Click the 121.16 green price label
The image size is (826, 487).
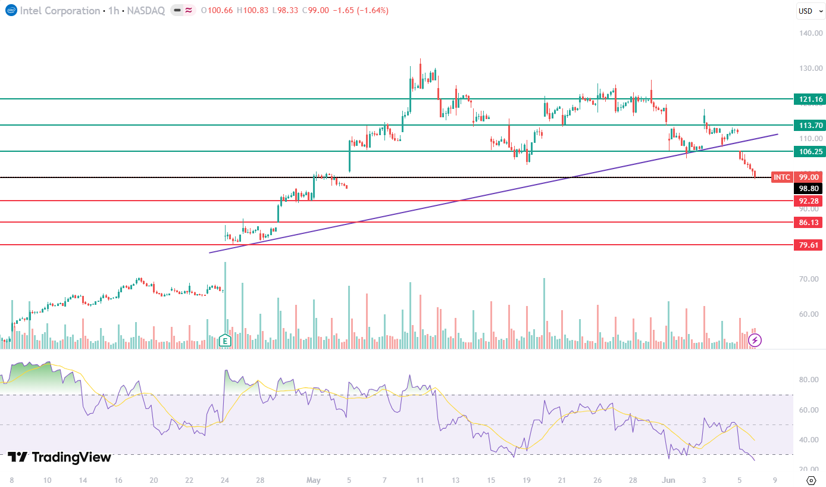click(x=809, y=99)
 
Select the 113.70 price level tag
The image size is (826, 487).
click(x=809, y=125)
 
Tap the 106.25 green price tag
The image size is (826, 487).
click(x=809, y=151)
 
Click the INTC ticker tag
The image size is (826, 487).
click(x=782, y=177)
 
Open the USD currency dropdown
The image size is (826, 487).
click(x=810, y=11)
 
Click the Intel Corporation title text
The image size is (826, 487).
click(x=60, y=11)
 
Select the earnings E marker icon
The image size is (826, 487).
click(x=225, y=340)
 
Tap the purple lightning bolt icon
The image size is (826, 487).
click(x=755, y=340)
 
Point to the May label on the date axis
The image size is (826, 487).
click(x=314, y=480)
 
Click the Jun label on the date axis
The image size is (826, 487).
click(x=668, y=480)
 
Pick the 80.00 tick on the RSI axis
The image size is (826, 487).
click(x=809, y=380)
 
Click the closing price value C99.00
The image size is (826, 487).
click(x=315, y=10)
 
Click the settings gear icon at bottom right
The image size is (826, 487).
click(x=811, y=480)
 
